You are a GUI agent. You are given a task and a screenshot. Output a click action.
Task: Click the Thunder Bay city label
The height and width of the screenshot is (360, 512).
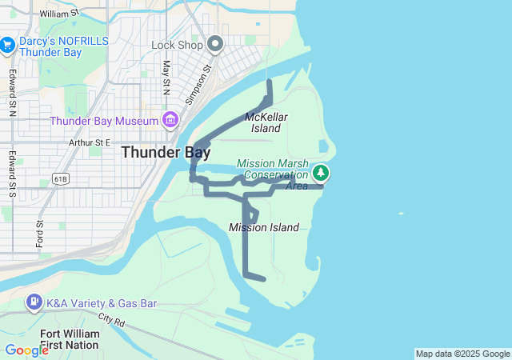click(x=166, y=152)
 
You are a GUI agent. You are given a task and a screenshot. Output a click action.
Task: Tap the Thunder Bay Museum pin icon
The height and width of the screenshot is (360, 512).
click(x=170, y=121)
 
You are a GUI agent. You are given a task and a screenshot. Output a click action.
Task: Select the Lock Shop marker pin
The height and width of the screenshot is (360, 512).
click(x=214, y=44)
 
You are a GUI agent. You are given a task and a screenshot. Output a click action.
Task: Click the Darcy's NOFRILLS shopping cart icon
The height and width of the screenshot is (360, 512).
click(x=8, y=45)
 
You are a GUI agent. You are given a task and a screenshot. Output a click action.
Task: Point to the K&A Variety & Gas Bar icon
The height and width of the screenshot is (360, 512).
click(x=34, y=303)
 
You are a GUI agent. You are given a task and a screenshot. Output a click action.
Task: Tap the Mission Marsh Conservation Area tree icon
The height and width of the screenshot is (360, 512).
click(x=321, y=173)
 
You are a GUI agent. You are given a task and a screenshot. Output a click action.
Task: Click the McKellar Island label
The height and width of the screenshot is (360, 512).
click(x=266, y=122)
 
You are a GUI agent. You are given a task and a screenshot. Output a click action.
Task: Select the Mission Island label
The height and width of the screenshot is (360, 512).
click(x=264, y=228)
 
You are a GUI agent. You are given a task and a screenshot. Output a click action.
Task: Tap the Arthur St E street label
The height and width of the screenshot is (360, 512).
click(x=89, y=142)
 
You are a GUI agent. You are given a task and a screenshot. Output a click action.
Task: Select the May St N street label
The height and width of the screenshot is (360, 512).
click(x=166, y=77)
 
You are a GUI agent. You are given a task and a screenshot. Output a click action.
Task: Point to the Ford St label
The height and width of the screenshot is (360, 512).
click(x=38, y=234)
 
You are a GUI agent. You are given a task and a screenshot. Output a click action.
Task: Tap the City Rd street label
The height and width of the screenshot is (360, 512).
click(x=113, y=320)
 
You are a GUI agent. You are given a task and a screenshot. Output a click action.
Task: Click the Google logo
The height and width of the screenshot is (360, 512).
click(x=26, y=350)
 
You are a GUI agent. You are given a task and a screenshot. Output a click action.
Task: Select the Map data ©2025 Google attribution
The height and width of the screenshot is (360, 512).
click(x=462, y=354)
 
